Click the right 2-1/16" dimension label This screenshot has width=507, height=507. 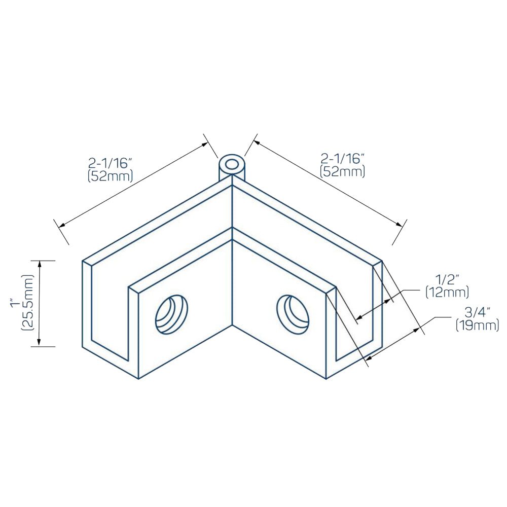tap(342, 159)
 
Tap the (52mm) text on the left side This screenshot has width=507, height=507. tap(110, 176)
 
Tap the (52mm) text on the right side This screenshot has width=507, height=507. tap(342, 171)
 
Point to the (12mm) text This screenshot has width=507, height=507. tap(447, 293)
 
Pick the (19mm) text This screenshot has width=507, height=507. tap(477, 325)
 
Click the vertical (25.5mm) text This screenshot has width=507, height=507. tap(27, 302)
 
